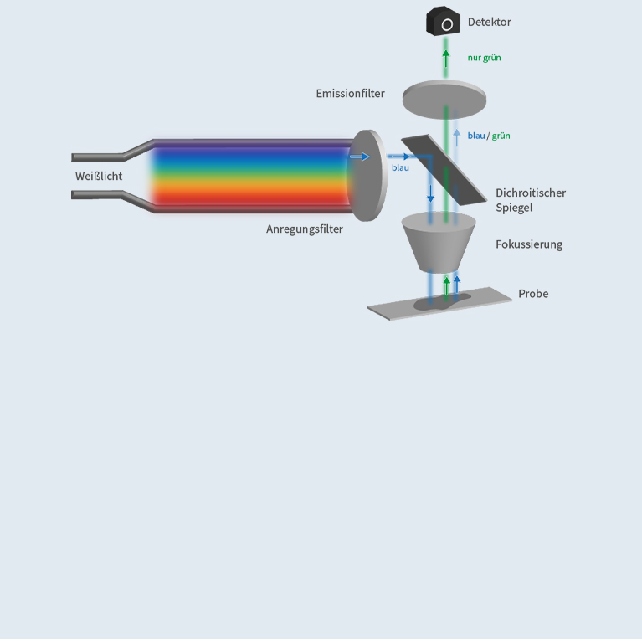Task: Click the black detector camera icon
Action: point(444,22)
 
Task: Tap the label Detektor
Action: point(489,22)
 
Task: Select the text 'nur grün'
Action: point(484,58)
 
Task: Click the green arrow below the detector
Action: point(446,59)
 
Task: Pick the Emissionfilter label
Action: point(350,93)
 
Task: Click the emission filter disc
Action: point(444,97)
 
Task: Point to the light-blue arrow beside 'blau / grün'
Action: point(456,136)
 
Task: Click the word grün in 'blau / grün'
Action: point(501,136)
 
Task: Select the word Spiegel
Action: point(514,208)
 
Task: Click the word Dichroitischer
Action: point(531,193)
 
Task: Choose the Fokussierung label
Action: point(528,244)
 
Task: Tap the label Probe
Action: point(533,294)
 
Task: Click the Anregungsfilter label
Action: point(305,229)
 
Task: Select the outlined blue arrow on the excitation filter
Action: point(359,157)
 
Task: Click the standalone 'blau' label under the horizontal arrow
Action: point(400,167)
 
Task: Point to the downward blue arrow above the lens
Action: point(430,192)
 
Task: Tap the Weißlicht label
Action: point(99,176)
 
